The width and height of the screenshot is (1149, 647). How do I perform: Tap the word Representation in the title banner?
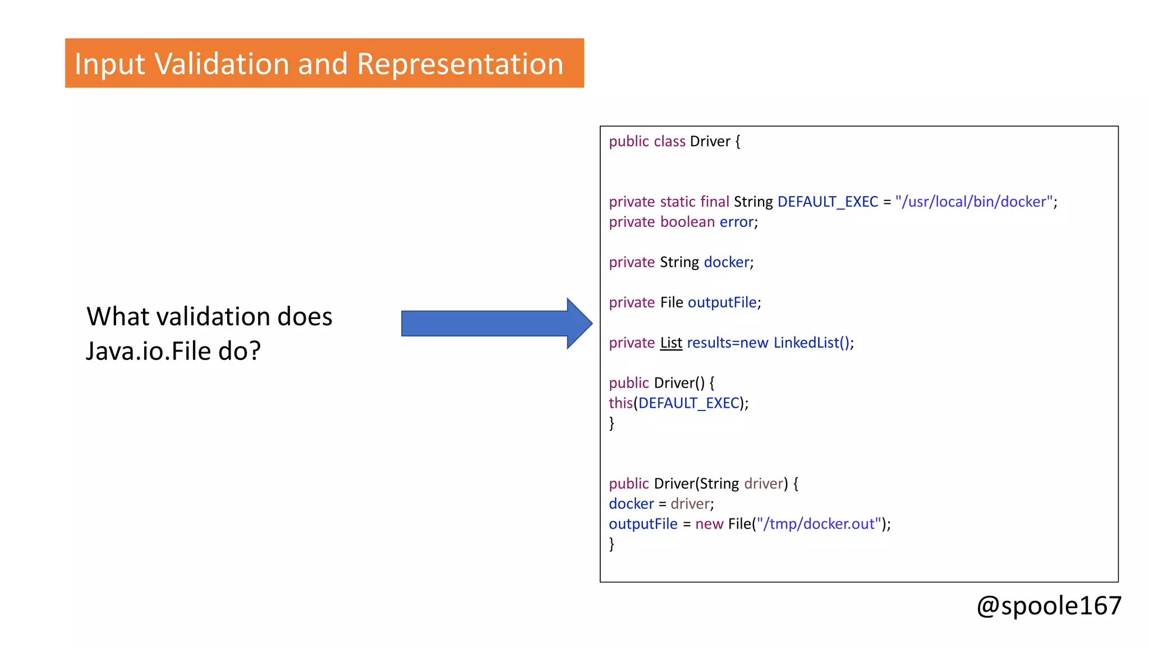[x=459, y=63]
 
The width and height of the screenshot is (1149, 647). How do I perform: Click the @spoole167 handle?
[x=1049, y=606]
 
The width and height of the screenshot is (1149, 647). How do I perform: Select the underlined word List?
[x=671, y=343]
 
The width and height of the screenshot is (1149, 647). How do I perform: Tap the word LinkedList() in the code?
[x=811, y=343]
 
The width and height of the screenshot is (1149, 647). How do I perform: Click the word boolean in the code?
[x=687, y=222]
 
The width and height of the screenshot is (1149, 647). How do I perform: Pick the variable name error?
[x=737, y=222]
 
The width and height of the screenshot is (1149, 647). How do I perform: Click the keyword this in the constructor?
[x=621, y=403]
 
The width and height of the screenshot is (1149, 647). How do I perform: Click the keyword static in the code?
[x=678, y=202]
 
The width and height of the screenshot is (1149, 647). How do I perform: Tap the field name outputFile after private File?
[x=722, y=303]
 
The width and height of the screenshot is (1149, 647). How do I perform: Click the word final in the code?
[x=714, y=202]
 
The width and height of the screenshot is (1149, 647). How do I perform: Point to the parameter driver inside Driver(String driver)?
[x=764, y=484]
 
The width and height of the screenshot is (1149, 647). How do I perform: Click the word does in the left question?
[x=305, y=317]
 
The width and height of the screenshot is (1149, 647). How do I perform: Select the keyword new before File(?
[x=709, y=524]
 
